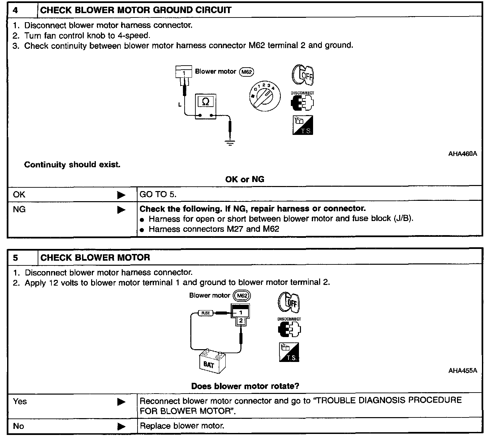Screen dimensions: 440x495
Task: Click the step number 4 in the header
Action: click(x=15, y=10)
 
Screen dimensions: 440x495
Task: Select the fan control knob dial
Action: click(x=264, y=96)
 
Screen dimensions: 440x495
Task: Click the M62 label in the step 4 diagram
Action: click(x=246, y=72)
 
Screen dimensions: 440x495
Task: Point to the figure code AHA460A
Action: click(x=462, y=154)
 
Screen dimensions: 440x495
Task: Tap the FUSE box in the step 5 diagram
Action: click(x=205, y=313)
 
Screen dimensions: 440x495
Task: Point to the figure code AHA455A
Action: click(x=462, y=371)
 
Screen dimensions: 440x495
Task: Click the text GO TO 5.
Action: click(x=158, y=194)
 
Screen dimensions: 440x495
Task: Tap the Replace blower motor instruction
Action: click(x=182, y=426)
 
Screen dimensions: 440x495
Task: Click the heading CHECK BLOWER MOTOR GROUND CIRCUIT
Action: click(x=136, y=10)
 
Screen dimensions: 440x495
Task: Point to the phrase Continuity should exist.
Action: click(x=72, y=165)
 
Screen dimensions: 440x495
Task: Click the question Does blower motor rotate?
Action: click(x=245, y=386)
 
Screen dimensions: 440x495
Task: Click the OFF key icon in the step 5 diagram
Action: click(x=289, y=302)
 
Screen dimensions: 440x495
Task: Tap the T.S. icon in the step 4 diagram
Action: click(x=303, y=125)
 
